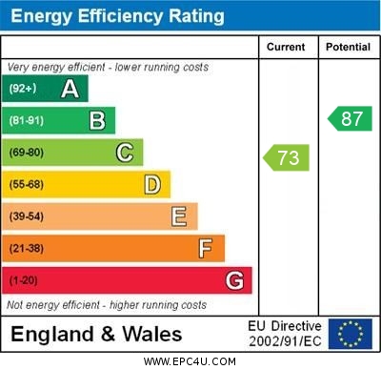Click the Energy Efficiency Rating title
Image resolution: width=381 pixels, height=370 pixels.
coord(117,16)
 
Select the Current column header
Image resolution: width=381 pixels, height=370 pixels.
coord(286,47)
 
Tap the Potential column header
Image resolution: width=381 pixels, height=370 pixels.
coord(348,47)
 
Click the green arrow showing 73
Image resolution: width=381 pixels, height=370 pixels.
coord(288,157)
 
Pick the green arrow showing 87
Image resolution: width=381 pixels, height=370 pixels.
coord(350,118)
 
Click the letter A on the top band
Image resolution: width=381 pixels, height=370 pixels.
coord(70,89)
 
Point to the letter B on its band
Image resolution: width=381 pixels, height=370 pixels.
coord(97,120)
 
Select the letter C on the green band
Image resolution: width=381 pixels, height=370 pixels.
coord(125,153)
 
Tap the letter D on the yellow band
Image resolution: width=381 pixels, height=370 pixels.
coord(152,184)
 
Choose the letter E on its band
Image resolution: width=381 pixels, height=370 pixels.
coord(179,216)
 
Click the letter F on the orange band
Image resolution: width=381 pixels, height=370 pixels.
coord(206,249)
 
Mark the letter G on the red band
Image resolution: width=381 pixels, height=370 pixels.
coord(234,281)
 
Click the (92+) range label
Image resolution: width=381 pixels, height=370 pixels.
coord(24,89)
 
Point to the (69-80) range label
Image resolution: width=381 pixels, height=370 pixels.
coord(27,153)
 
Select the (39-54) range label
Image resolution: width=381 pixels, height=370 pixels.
coord(27,216)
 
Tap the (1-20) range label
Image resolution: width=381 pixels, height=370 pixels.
coord(24,281)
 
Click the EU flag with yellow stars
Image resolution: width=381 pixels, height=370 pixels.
coord(350,334)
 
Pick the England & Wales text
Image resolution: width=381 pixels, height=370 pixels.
coord(96,335)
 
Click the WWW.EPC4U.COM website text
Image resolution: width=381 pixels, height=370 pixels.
coord(190,361)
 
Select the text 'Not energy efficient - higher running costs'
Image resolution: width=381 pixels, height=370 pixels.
coord(107,305)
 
